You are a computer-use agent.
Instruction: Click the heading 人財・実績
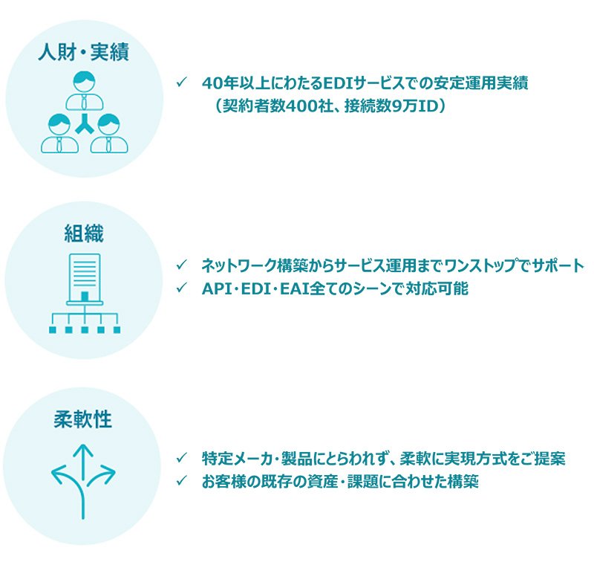(84, 52)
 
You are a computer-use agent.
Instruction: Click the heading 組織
(84, 233)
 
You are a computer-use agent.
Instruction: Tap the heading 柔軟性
(83, 419)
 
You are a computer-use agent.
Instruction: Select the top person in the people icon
(85, 91)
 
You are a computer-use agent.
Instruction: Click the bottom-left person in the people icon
(60, 134)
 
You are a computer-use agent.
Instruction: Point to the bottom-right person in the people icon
(109, 134)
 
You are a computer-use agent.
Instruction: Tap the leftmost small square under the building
(53, 330)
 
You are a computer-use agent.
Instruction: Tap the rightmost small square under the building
(117, 330)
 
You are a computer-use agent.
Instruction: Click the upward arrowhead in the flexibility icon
(83, 451)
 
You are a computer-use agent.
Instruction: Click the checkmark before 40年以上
(181, 82)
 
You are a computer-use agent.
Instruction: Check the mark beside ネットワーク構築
(181, 265)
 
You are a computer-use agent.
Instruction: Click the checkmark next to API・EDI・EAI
(181, 288)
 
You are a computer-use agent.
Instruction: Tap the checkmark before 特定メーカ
(181, 458)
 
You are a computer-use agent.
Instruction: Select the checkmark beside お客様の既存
(181, 481)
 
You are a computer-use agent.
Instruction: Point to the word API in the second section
(216, 288)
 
